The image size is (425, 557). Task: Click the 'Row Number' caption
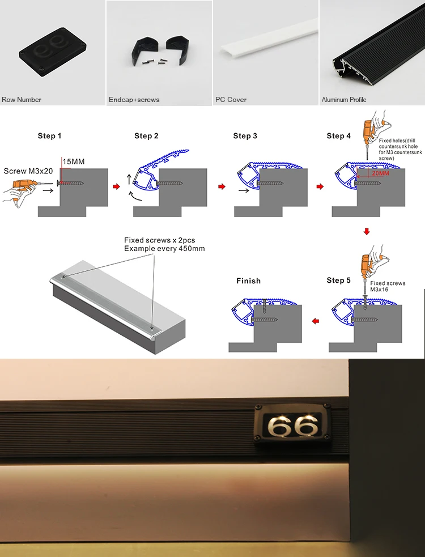(x=22, y=100)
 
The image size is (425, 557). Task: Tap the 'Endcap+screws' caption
(x=134, y=100)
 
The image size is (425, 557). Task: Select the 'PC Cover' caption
(x=231, y=100)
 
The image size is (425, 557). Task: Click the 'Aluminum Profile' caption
(x=344, y=100)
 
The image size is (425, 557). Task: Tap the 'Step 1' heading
(x=50, y=136)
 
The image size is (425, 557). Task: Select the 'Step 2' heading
(x=147, y=136)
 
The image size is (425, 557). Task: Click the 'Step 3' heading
(x=245, y=136)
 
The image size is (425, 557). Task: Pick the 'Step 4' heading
(x=339, y=136)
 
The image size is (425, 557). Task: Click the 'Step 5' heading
(x=339, y=280)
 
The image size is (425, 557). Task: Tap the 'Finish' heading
(x=249, y=281)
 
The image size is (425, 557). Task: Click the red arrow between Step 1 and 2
(x=116, y=186)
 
